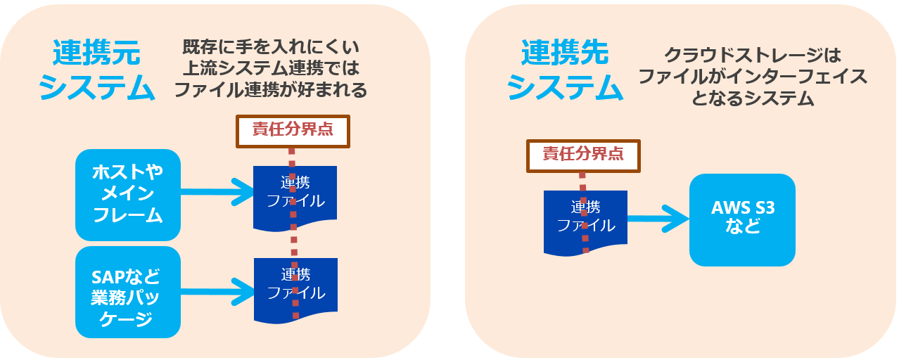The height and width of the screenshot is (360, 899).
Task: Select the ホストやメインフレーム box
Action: pos(128,195)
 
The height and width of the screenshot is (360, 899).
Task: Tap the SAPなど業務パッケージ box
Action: pos(128,292)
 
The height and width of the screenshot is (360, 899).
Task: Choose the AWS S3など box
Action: pos(742,219)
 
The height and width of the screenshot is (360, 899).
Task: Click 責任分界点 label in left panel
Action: pos(293,130)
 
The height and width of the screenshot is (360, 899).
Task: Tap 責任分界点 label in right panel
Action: pos(583,155)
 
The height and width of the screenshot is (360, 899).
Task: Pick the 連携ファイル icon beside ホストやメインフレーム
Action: pos(295,197)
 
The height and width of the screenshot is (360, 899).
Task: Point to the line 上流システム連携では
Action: pos(271,70)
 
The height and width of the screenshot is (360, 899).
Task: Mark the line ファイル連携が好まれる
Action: pos(271,90)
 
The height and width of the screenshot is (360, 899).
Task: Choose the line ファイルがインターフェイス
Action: pos(753,77)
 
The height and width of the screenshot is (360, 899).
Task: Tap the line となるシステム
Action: pos(753,98)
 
